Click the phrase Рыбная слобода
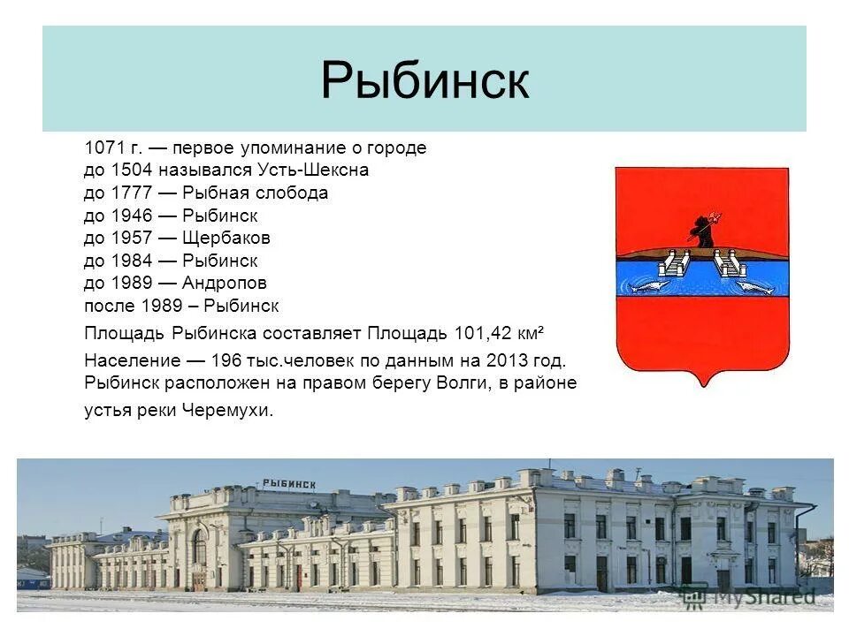coord(256,193)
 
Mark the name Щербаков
coord(226,238)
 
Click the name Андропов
coord(225,284)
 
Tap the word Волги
coord(459,383)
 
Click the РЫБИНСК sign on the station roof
coord(288,483)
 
